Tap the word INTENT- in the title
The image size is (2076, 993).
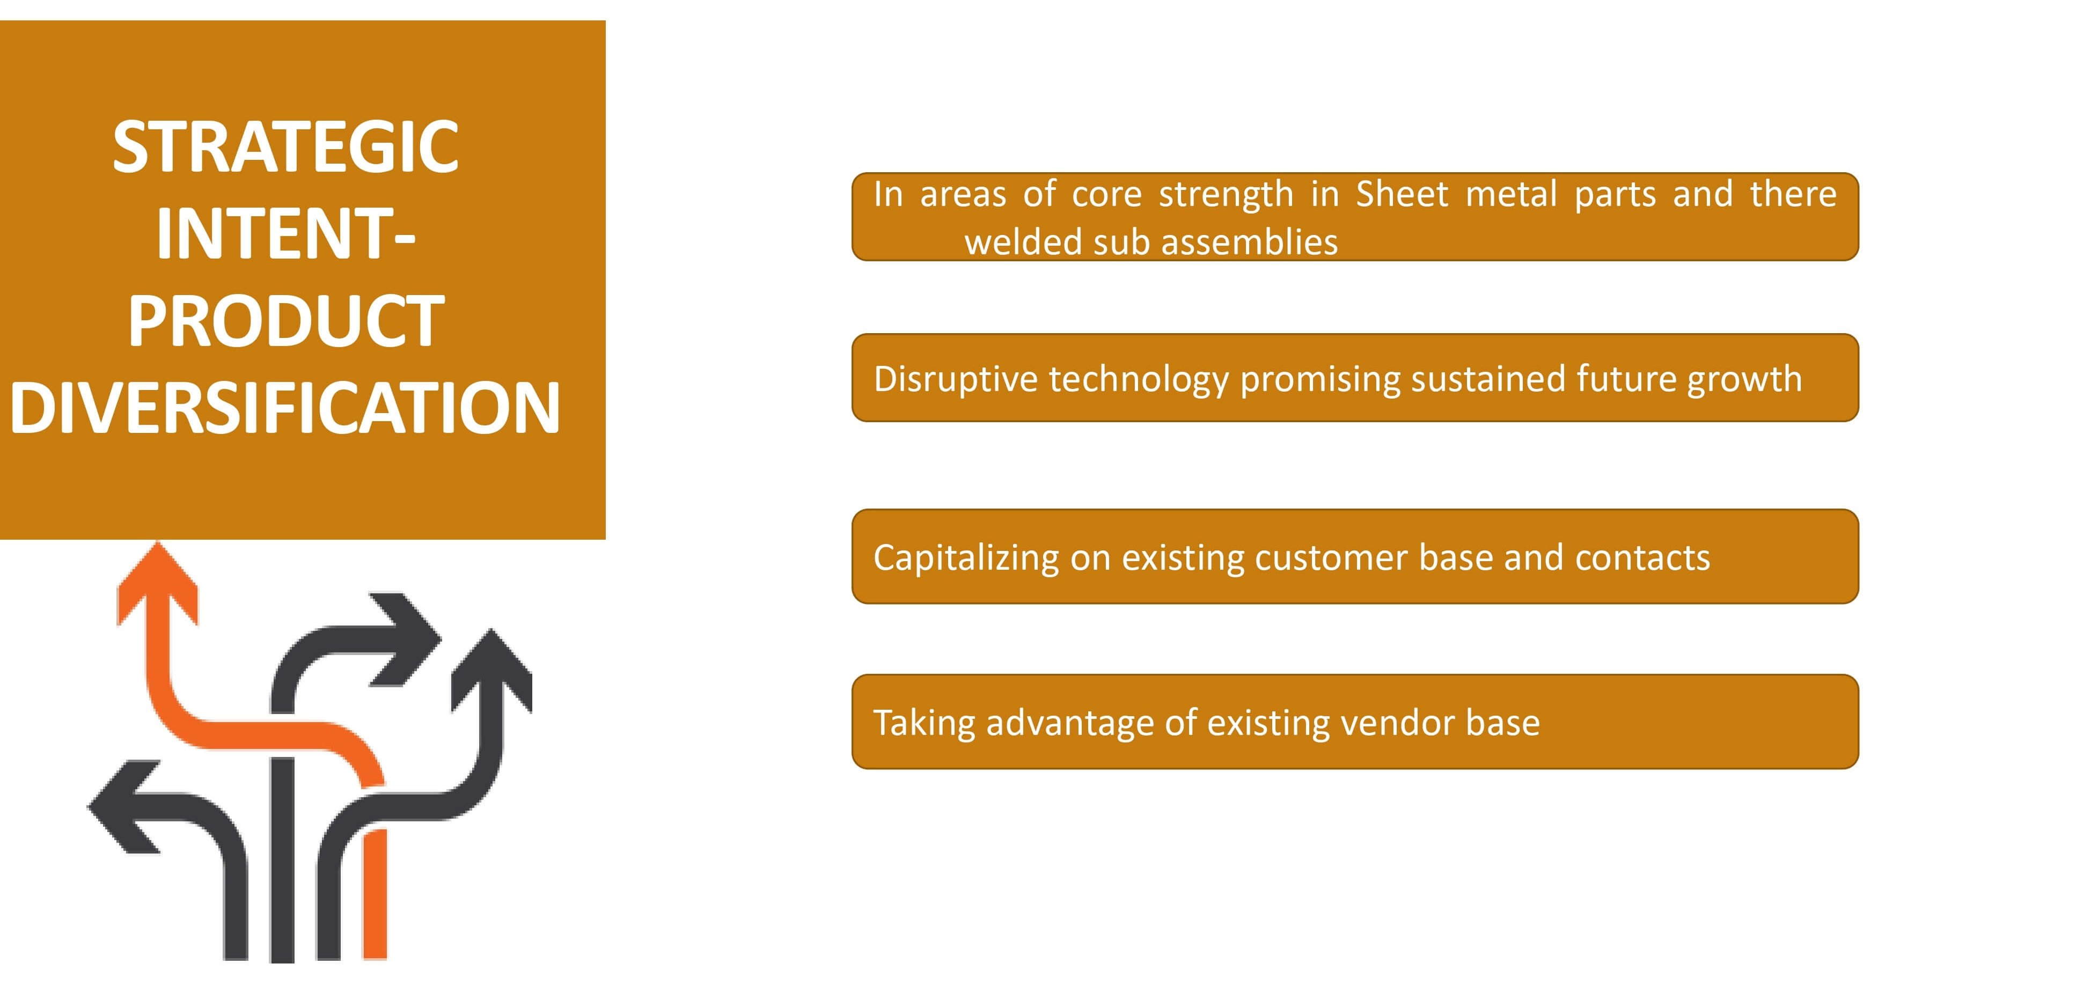pos(285,234)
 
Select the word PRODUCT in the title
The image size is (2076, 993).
pos(285,321)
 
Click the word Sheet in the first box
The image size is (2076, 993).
pos(1402,194)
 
